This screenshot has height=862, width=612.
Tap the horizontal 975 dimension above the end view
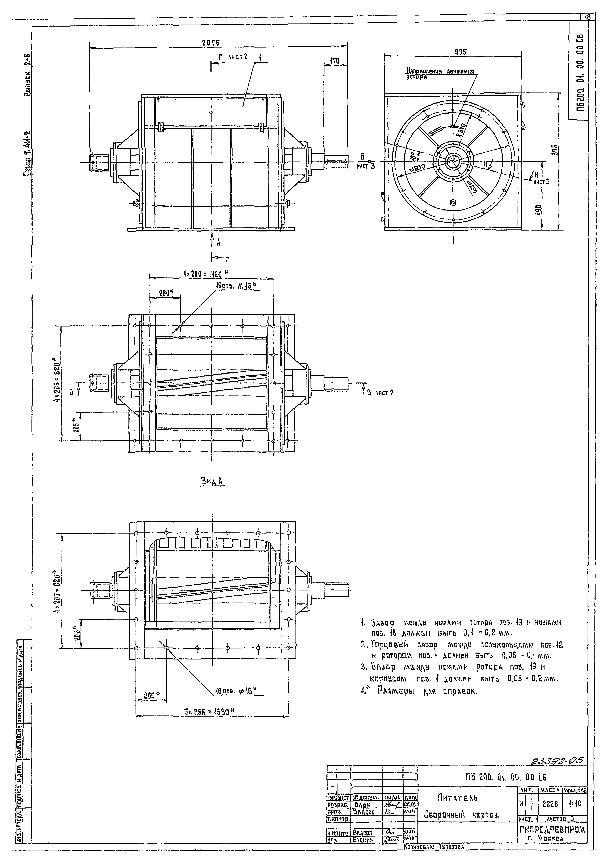point(460,52)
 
